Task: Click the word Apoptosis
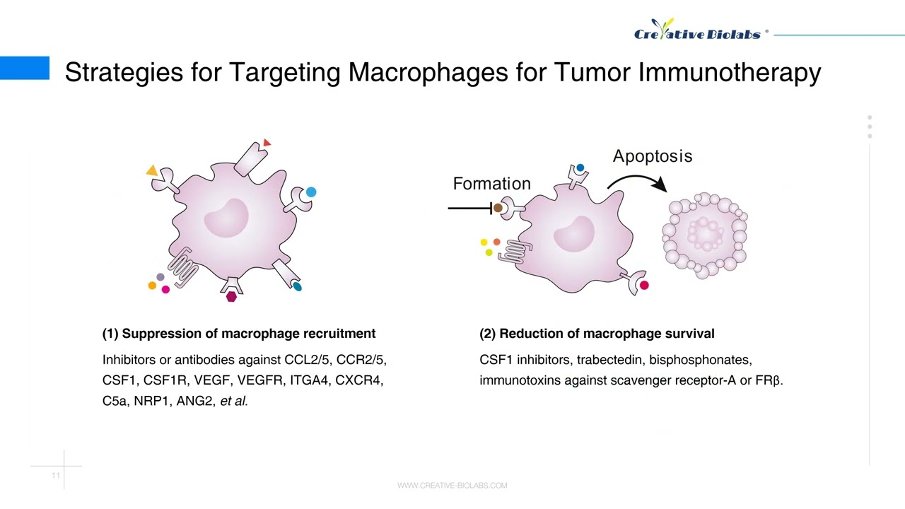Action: click(x=652, y=156)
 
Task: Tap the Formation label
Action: click(x=491, y=184)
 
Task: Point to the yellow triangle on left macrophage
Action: click(x=151, y=170)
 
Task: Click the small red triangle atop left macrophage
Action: click(x=267, y=143)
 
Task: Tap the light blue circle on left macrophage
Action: click(x=311, y=192)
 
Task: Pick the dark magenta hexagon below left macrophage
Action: click(x=231, y=297)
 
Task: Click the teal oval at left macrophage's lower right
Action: click(x=297, y=286)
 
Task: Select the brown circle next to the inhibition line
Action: click(x=498, y=208)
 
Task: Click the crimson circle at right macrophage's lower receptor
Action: click(x=643, y=285)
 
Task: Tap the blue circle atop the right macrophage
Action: click(x=580, y=168)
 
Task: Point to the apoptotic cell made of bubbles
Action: click(x=704, y=232)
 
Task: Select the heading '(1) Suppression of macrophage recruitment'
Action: click(x=239, y=334)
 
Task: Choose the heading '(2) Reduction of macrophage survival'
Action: click(x=597, y=334)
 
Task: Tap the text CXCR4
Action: click(x=358, y=380)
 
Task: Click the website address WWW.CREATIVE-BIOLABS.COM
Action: click(x=452, y=486)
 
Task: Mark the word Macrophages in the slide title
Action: click(x=428, y=72)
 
